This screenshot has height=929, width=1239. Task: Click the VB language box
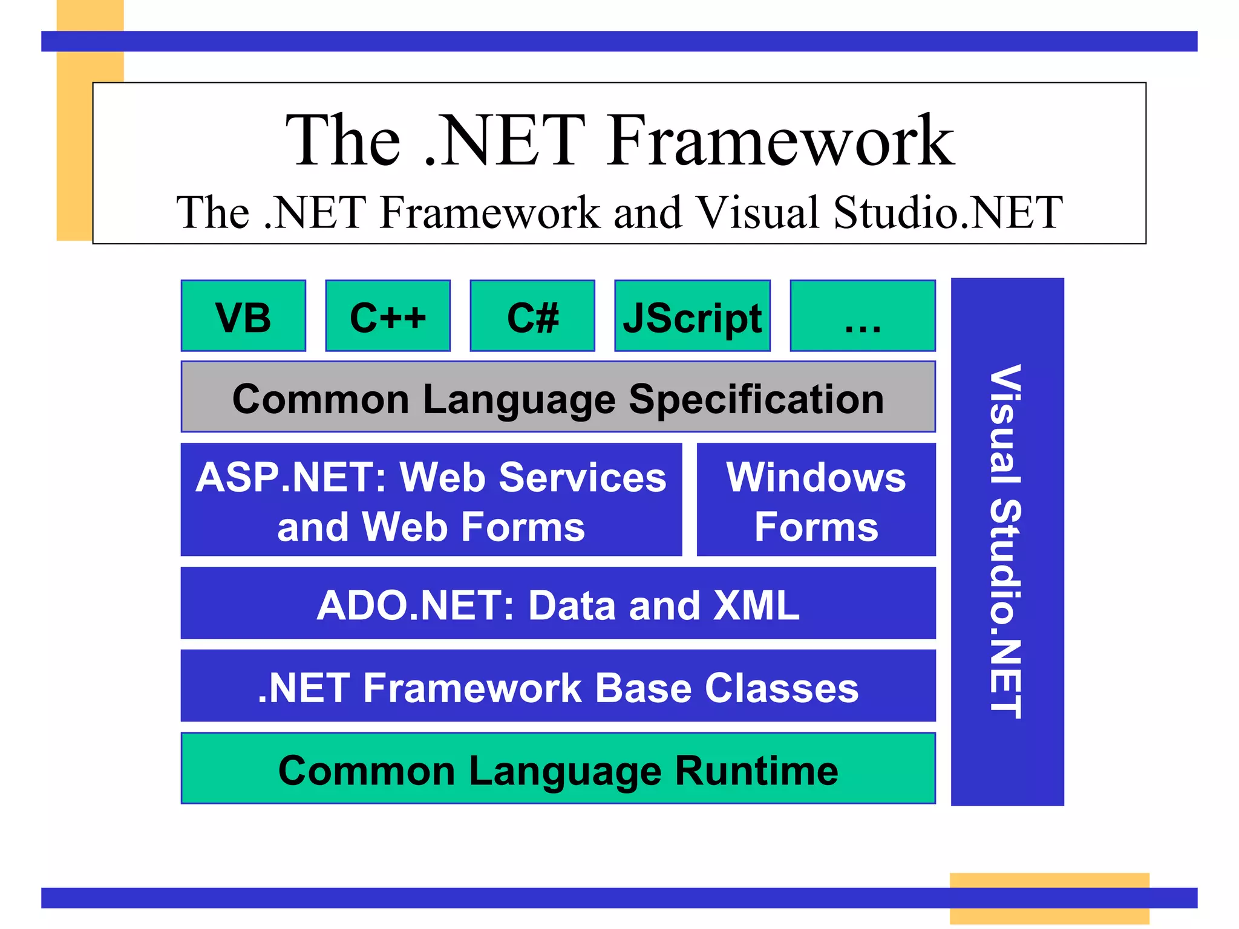pyautogui.click(x=243, y=316)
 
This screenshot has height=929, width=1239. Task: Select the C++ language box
pyautogui.click(x=388, y=316)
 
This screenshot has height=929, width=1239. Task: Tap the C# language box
pyautogui.click(x=532, y=316)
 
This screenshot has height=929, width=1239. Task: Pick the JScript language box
pyautogui.click(x=692, y=316)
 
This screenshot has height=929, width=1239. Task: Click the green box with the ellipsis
pyautogui.click(x=863, y=316)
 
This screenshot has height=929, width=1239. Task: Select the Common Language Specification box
pyautogui.click(x=558, y=397)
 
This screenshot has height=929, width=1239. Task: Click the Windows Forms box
pyautogui.click(x=816, y=500)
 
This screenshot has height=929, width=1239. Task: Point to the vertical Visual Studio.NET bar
pyautogui.click(x=1007, y=541)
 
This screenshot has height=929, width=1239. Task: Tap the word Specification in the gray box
pyautogui.click(x=756, y=399)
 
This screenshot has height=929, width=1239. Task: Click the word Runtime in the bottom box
pyautogui.click(x=756, y=771)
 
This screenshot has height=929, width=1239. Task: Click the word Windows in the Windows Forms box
pyautogui.click(x=816, y=477)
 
